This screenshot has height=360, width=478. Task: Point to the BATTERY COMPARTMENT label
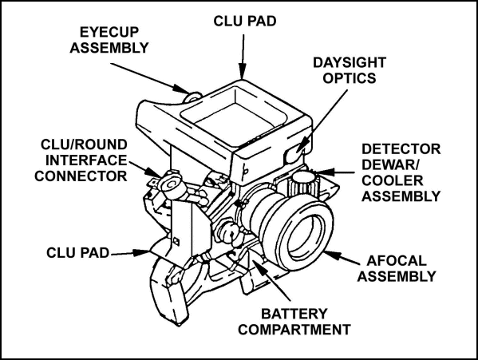300,318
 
